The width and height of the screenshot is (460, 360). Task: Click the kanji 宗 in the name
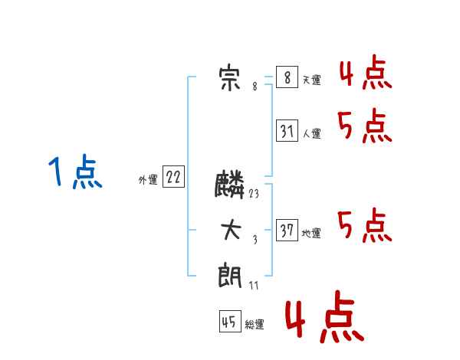229,79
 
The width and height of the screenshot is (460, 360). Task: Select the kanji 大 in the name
231,230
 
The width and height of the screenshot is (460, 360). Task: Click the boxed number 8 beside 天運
287,77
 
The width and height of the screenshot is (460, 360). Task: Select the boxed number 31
287,130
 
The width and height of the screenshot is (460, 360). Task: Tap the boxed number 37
287,230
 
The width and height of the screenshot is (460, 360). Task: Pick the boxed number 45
230,321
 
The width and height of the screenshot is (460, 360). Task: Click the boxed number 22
173,176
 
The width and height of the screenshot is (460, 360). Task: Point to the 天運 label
311,80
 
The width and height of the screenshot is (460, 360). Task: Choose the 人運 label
311,134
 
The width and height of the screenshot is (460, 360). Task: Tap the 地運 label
311,233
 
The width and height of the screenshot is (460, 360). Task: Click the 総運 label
255,324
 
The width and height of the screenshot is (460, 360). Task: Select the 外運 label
148,179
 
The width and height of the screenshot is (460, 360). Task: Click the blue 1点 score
75,172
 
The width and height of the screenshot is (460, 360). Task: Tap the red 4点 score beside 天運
366,72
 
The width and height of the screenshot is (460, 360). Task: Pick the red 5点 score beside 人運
365,126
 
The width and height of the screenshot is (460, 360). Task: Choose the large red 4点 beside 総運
325,316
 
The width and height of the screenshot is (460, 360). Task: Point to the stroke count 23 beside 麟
254,194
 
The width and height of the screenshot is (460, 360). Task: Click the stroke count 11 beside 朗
254,285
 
